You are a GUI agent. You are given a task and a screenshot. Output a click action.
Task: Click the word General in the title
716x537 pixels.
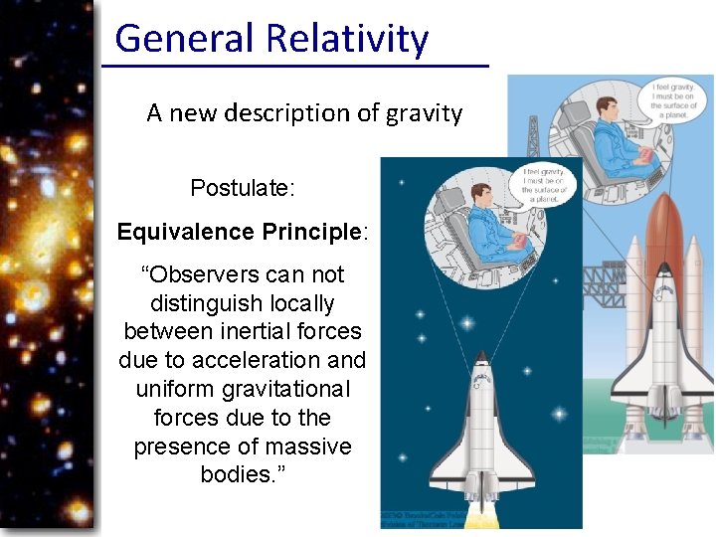184,38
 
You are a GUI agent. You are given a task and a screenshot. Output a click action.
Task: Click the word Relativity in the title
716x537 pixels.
347,38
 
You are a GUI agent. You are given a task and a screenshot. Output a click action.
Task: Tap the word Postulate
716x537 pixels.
243,188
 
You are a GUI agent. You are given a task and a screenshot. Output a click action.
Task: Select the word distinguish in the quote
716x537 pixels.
242,303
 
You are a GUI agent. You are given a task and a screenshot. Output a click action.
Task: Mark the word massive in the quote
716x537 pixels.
312,447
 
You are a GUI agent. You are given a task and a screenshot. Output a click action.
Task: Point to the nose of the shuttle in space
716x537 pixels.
482,358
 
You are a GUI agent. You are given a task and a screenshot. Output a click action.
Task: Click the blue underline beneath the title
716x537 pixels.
296,66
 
